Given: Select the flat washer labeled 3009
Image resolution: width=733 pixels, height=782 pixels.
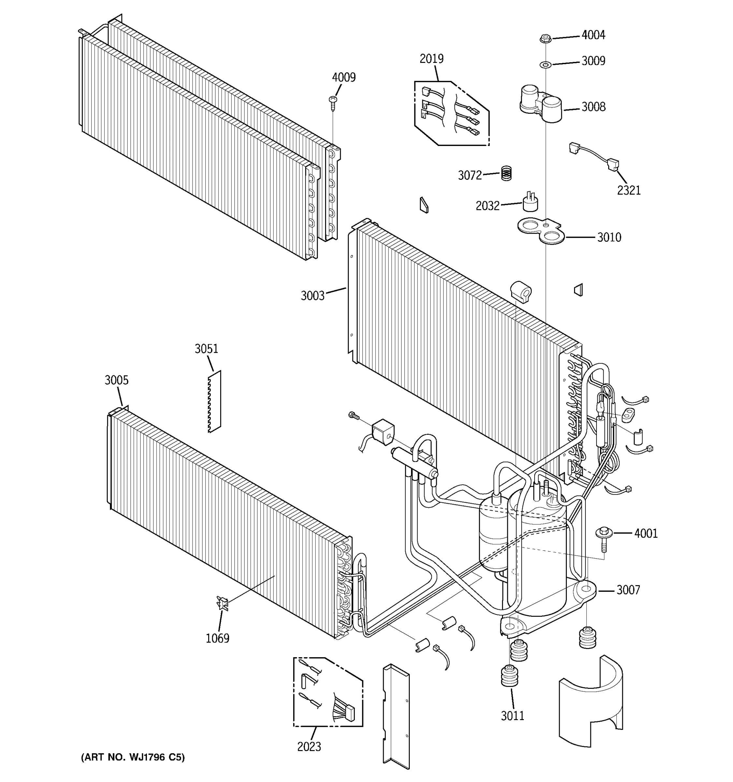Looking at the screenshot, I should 545,64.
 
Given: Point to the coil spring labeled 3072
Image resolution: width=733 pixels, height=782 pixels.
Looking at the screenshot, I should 507,173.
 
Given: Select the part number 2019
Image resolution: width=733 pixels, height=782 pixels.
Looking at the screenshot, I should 431,59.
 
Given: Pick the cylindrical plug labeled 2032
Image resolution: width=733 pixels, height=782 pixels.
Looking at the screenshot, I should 530,203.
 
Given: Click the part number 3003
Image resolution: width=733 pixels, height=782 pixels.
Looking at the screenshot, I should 313,296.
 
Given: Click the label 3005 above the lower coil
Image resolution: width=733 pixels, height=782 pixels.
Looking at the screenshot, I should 116,380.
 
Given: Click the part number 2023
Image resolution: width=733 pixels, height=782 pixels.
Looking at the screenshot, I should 309,746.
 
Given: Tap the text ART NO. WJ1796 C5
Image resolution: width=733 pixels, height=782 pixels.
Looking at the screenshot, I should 133,757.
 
